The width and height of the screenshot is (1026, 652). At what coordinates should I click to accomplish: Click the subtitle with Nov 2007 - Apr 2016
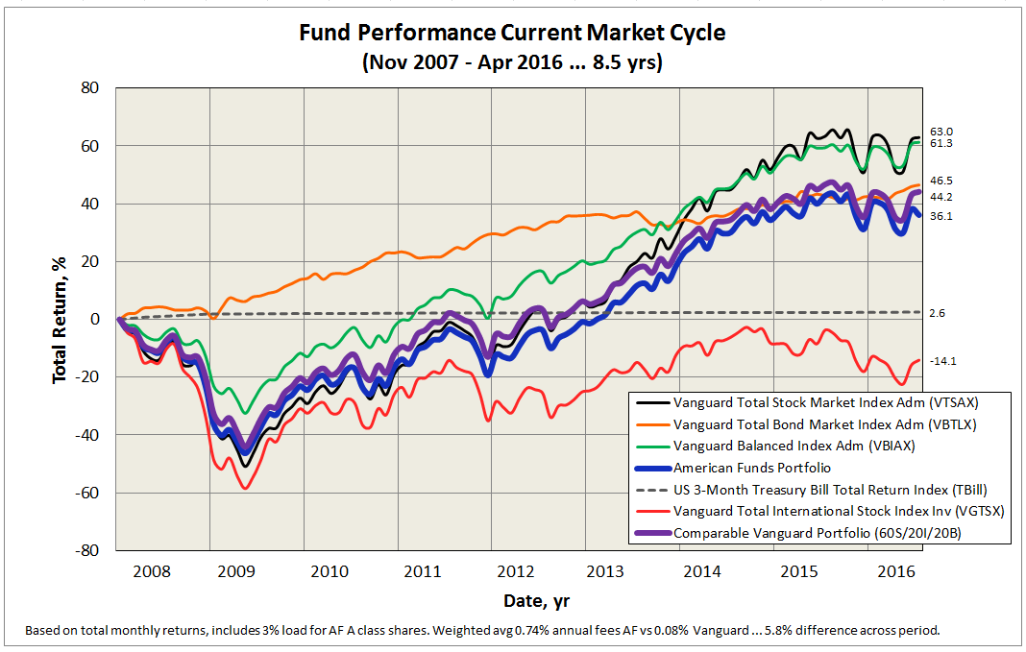tap(511, 62)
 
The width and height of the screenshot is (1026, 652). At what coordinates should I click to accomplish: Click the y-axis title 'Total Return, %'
tap(60, 320)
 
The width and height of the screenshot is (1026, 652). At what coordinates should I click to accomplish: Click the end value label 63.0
tap(942, 132)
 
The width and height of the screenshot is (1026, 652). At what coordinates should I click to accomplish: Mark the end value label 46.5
tap(942, 181)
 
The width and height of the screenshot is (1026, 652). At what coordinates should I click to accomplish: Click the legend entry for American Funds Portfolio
tap(752, 468)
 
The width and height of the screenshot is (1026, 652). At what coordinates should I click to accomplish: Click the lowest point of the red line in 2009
tap(246, 488)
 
